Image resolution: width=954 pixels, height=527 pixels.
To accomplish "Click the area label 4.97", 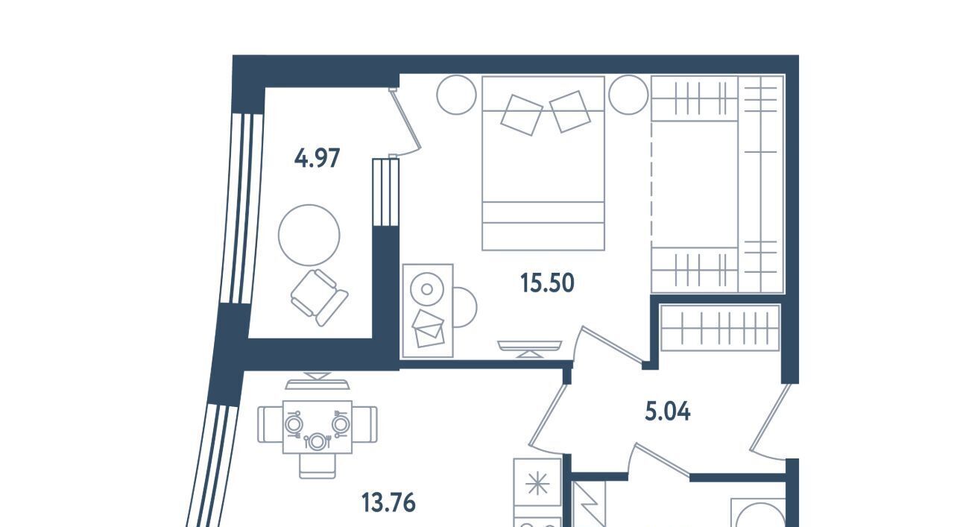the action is click(x=317, y=158).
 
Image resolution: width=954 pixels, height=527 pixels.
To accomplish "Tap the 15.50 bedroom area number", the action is click(x=547, y=283).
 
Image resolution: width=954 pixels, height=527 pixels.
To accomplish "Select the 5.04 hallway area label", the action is click(x=668, y=412).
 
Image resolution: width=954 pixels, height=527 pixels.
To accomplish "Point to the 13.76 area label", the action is click(x=388, y=503).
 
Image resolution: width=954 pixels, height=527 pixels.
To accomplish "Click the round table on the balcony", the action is click(x=309, y=235).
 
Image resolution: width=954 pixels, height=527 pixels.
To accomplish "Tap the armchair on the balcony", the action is click(x=320, y=298).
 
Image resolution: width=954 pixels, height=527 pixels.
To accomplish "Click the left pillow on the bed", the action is click(x=521, y=115).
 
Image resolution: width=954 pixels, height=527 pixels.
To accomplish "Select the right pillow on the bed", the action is click(x=570, y=112).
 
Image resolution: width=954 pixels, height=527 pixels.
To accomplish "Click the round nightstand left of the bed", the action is click(x=457, y=95).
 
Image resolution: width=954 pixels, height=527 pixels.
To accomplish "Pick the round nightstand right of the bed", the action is click(x=628, y=95).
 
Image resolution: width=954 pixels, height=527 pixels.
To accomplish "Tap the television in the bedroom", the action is click(x=529, y=349).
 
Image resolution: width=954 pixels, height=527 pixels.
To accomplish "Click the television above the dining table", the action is click(x=318, y=381).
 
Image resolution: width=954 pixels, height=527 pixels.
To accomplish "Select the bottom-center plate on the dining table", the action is click(x=317, y=441).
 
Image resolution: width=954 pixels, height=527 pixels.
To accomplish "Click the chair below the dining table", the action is click(x=318, y=466).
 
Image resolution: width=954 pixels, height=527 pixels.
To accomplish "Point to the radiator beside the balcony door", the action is click(x=385, y=192).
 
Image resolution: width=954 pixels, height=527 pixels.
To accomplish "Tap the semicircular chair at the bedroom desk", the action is click(x=465, y=308).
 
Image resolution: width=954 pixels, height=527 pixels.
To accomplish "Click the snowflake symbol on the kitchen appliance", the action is click(x=537, y=484).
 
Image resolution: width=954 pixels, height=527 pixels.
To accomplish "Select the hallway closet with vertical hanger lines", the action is click(x=719, y=328).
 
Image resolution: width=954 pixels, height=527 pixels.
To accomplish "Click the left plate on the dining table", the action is click(x=294, y=424).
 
